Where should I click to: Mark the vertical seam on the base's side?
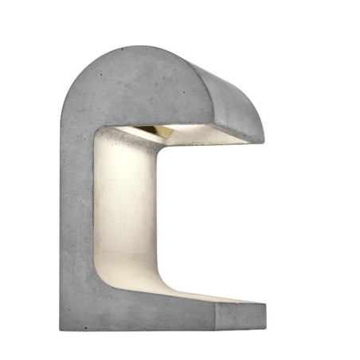215,318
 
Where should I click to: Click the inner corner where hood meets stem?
99,131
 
